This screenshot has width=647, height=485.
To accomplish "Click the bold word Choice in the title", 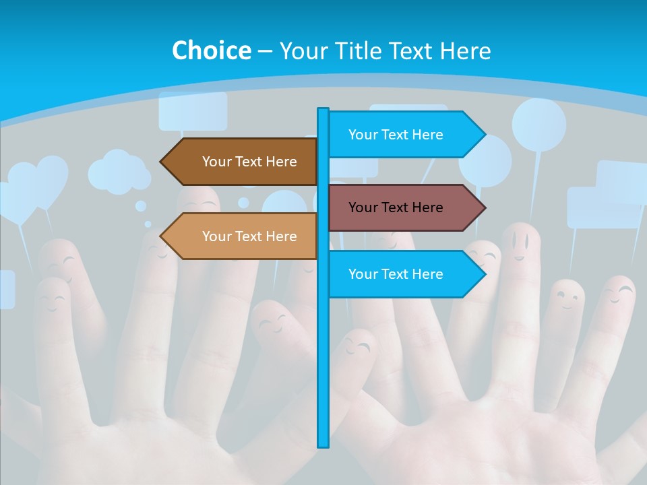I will tap(211, 51).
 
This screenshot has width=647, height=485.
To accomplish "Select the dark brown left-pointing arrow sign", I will tap(243, 162).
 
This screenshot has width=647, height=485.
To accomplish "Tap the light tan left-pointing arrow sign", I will tap(243, 236).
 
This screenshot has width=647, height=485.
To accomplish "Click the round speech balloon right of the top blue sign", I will tap(538, 125).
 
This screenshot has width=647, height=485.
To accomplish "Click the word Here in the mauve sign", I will tap(427, 207).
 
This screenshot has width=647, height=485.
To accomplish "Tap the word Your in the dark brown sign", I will tap(216, 162).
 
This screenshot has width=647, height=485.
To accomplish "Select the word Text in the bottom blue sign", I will tap(396, 274).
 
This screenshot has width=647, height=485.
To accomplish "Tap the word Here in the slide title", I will tap(465, 51).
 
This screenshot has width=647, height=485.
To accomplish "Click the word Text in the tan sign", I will tap(249, 236).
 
